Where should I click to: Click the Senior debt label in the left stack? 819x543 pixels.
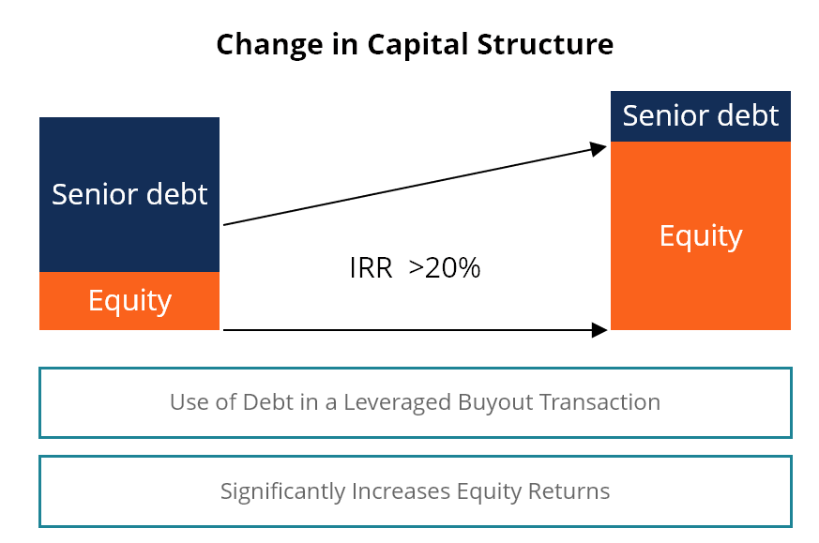(129, 194)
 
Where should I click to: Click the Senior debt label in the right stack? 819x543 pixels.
(701, 115)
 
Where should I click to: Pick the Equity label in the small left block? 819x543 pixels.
(129, 301)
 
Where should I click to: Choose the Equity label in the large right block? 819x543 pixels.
(701, 235)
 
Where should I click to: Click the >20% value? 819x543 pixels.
(445, 268)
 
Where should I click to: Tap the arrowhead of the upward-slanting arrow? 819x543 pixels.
(599, 147)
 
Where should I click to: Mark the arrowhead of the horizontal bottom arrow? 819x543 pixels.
(600, 329)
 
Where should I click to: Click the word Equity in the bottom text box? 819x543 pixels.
(485, 490)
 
